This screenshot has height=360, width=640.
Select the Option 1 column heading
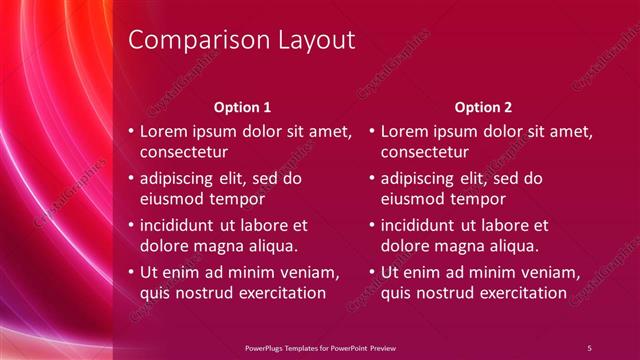[243, 105]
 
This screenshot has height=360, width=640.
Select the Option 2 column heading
[484, 105]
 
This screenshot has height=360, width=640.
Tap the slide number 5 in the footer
[589, 347]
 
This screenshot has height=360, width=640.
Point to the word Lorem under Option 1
[163, 131]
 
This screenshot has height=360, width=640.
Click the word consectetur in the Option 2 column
[426, 153]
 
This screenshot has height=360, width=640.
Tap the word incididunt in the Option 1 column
[181, 225]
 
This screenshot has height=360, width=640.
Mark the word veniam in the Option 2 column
[550, 272]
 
